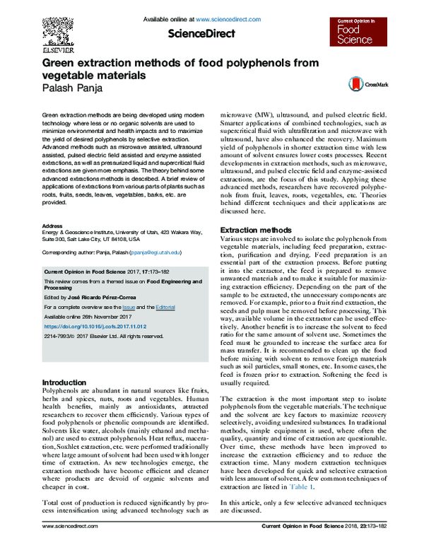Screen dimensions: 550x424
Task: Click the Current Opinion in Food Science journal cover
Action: (355, 35)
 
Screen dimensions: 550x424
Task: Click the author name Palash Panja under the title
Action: (73, 88)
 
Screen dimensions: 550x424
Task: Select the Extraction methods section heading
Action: (255, 230)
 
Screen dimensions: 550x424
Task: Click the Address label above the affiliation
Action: (54, 226)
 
